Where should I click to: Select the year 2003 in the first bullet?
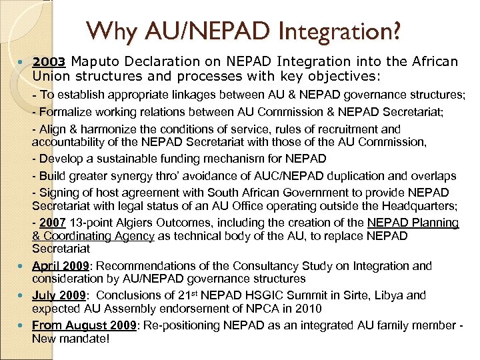point(48,62)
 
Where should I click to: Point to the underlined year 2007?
point(53,223)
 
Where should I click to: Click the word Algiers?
point(133,223)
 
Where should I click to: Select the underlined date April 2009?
point(59,266)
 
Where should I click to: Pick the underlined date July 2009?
point(58,295)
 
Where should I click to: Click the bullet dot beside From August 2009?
point(24,326)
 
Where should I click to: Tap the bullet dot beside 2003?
point(24,62)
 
